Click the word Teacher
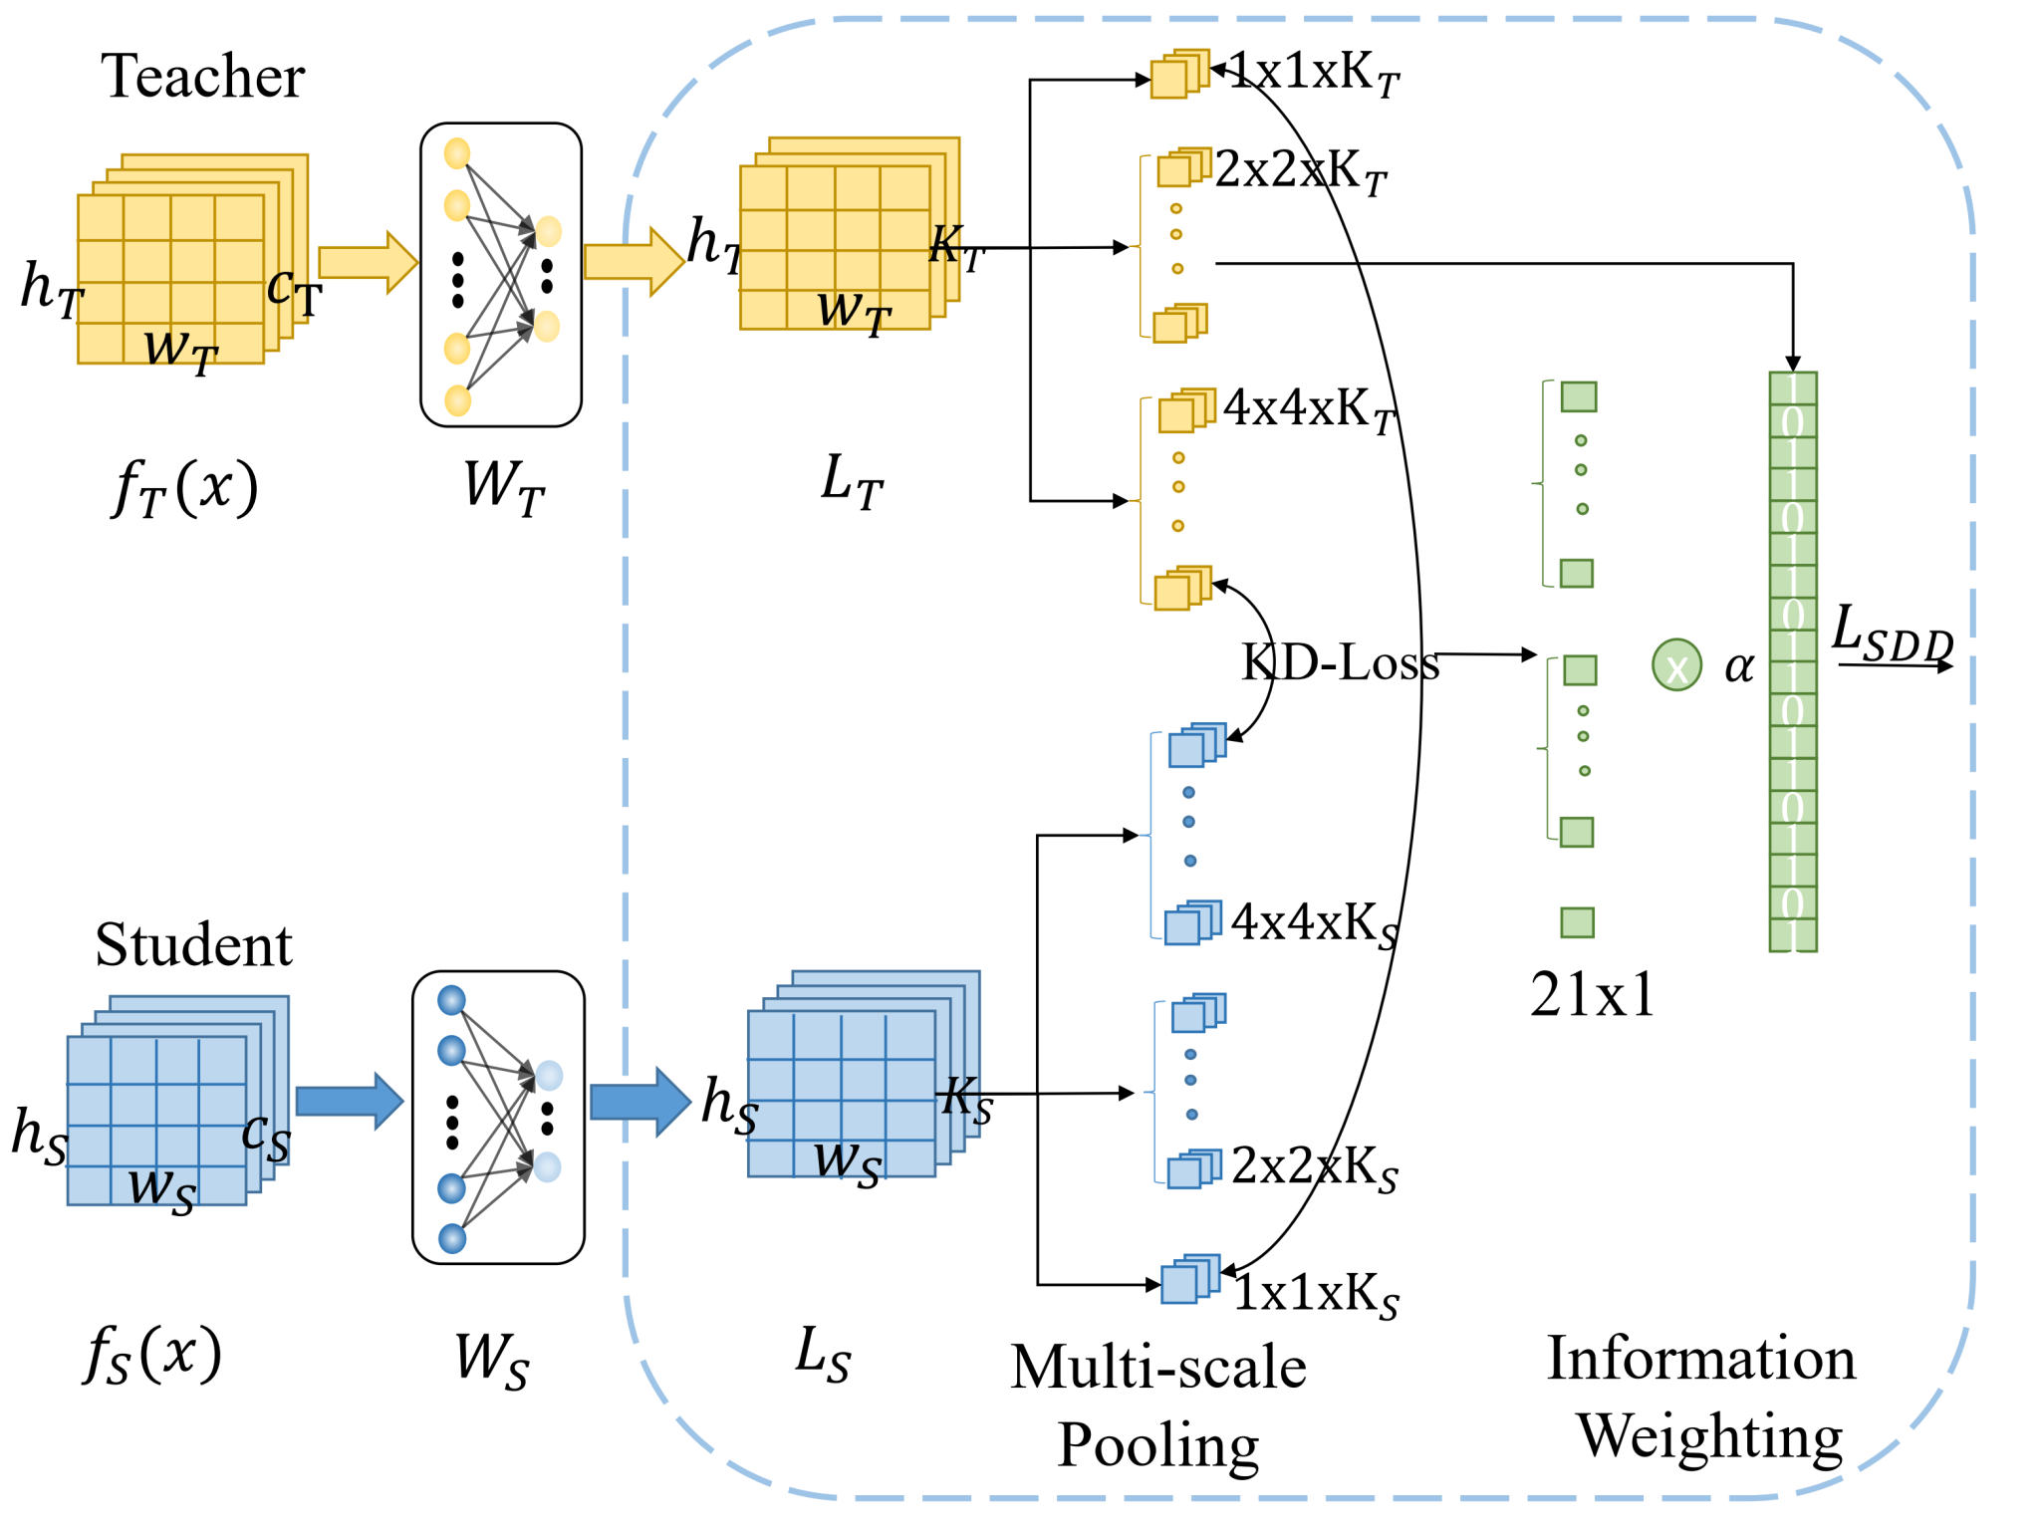pyautogui.click(x=202, y=77)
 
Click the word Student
pyautogui.click(x=193, y=944)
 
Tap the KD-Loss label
pyautogui.click(x=1340, y=662)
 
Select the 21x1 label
pyautogui.click(x=1593, y=994)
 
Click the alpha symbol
pyautogui.click(x=1739, y=666)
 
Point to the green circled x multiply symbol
pyautogui.click(x=1676, y=665)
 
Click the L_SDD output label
pyautogui.click(x=1893, y=634)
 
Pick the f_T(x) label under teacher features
pyautogui.click(x=185, y=487)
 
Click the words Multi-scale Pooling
pyautogui.click(x=1158, y=1405)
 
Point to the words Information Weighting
pyautogui.click(x=1701, y=1397)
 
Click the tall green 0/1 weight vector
pyautogui.click(x=1792, y=661)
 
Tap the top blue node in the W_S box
pyautogui.click(x=451, y=1000)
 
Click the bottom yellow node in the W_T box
pyautogui.click(x=457, y=400)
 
